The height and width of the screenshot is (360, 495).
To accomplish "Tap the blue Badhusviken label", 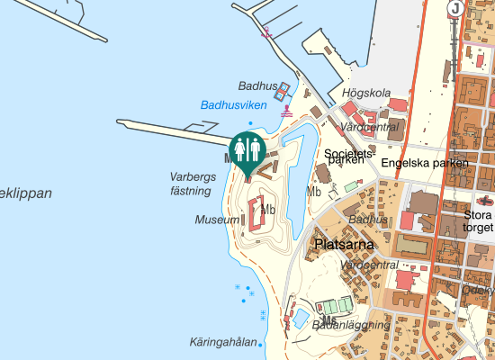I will (x=233, y=105).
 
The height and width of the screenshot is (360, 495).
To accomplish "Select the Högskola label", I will (x=366, y=93).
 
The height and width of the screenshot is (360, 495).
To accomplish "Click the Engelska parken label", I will (x=425, y=163).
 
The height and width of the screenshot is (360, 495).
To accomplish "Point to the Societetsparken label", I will (x=346, y=157).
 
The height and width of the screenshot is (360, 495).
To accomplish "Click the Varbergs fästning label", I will (x=193, y=184).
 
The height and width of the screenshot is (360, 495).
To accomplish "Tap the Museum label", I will (x=217, y=220).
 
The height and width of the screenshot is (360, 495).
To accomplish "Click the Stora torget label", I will (x=478, y=221).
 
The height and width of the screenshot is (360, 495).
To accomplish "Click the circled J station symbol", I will (x=456, y=9).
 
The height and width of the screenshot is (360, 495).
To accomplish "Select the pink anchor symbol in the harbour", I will (x=266, y=32).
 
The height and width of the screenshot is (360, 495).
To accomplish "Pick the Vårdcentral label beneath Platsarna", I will (x=370, y=265).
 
